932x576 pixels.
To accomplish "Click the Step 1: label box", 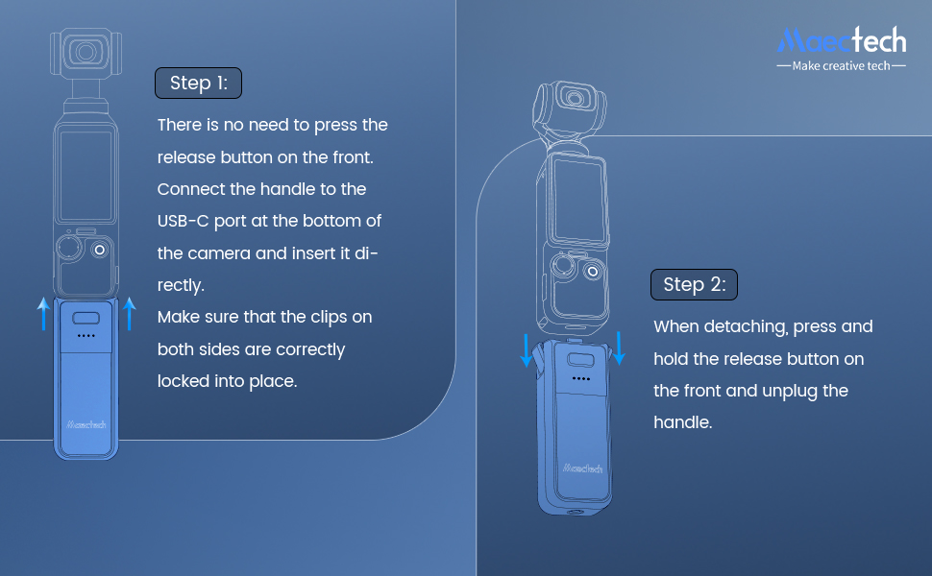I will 198,84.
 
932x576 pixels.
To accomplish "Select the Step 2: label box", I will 694,284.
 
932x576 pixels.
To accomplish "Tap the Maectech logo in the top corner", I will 842,39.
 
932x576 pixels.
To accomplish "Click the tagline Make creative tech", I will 842,66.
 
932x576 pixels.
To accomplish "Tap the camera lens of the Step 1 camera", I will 86,51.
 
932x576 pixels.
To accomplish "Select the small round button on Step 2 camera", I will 594,272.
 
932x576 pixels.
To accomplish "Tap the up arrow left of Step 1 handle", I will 42,313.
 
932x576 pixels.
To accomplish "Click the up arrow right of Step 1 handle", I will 130,313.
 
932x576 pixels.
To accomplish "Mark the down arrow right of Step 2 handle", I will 619,348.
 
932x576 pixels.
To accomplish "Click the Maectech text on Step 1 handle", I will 86,422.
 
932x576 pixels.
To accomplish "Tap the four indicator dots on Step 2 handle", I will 580,378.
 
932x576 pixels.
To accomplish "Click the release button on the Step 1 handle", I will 86,319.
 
